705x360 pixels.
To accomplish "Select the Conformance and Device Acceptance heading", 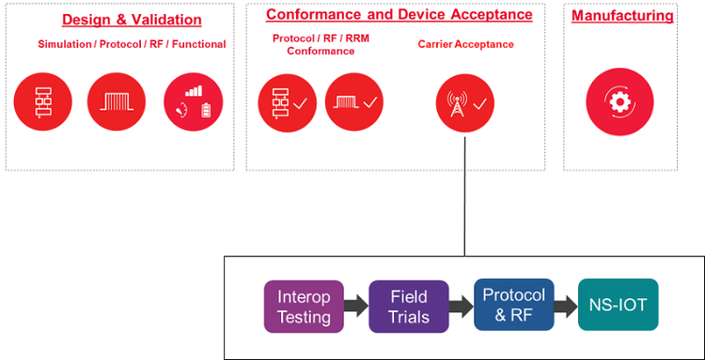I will point(399,15).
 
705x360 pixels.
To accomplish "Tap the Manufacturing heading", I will point(622,16).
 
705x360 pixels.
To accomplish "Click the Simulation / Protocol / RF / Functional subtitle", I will point(132,44).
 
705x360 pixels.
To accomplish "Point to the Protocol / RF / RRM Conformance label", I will point(314,44).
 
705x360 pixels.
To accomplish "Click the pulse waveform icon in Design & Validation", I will point(117,102).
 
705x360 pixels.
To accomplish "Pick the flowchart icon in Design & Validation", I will point(44,102).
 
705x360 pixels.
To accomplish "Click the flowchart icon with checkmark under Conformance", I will point(288,102).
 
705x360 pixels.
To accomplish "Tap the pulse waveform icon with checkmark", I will point(354,102).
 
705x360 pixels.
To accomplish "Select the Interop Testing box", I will point(304,306).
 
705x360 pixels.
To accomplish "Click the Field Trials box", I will point(408,306).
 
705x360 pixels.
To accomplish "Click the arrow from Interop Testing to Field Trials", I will point(356,306).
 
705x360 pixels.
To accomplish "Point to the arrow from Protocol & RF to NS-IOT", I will point(565,305).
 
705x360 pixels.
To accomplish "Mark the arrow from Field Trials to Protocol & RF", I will point(461,306).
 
